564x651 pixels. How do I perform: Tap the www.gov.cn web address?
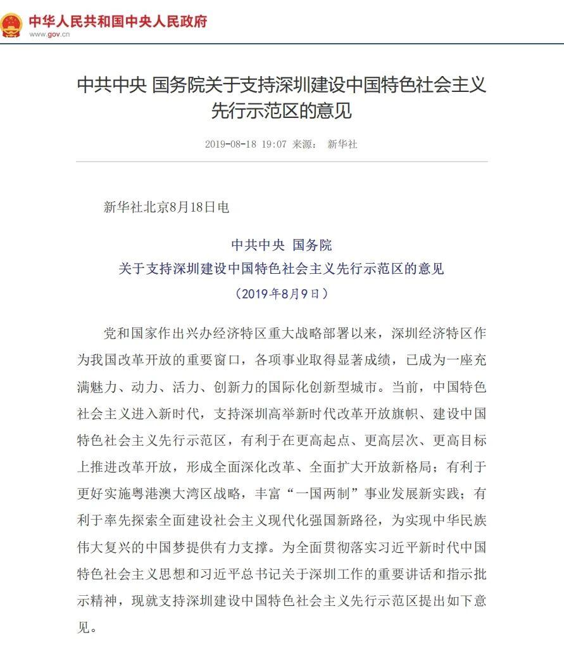(49, 34)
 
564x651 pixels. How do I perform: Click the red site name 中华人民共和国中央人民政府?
(118, 20)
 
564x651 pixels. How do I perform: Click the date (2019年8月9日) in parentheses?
(282, 293)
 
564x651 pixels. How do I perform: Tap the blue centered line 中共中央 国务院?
(282, 245)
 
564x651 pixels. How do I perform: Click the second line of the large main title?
(282, 112)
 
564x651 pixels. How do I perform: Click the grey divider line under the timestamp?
(282, 162)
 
